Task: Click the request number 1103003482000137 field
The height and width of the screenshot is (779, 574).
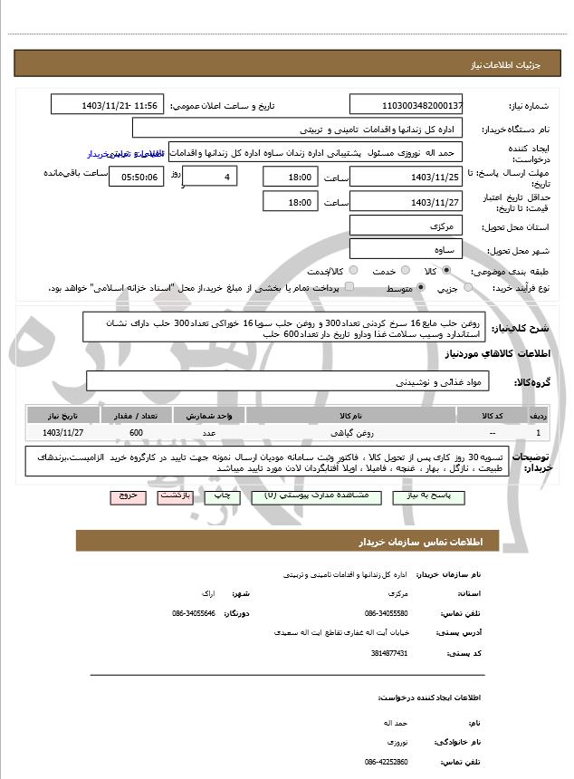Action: tap(407, 106)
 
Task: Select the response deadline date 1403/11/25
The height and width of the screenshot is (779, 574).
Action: tap(407, 177)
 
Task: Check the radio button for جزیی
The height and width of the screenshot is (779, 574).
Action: tap(467, 288)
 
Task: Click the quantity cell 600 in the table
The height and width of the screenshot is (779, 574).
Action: tap(136, 433)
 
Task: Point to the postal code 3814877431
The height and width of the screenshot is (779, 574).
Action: tap(389, 652)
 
